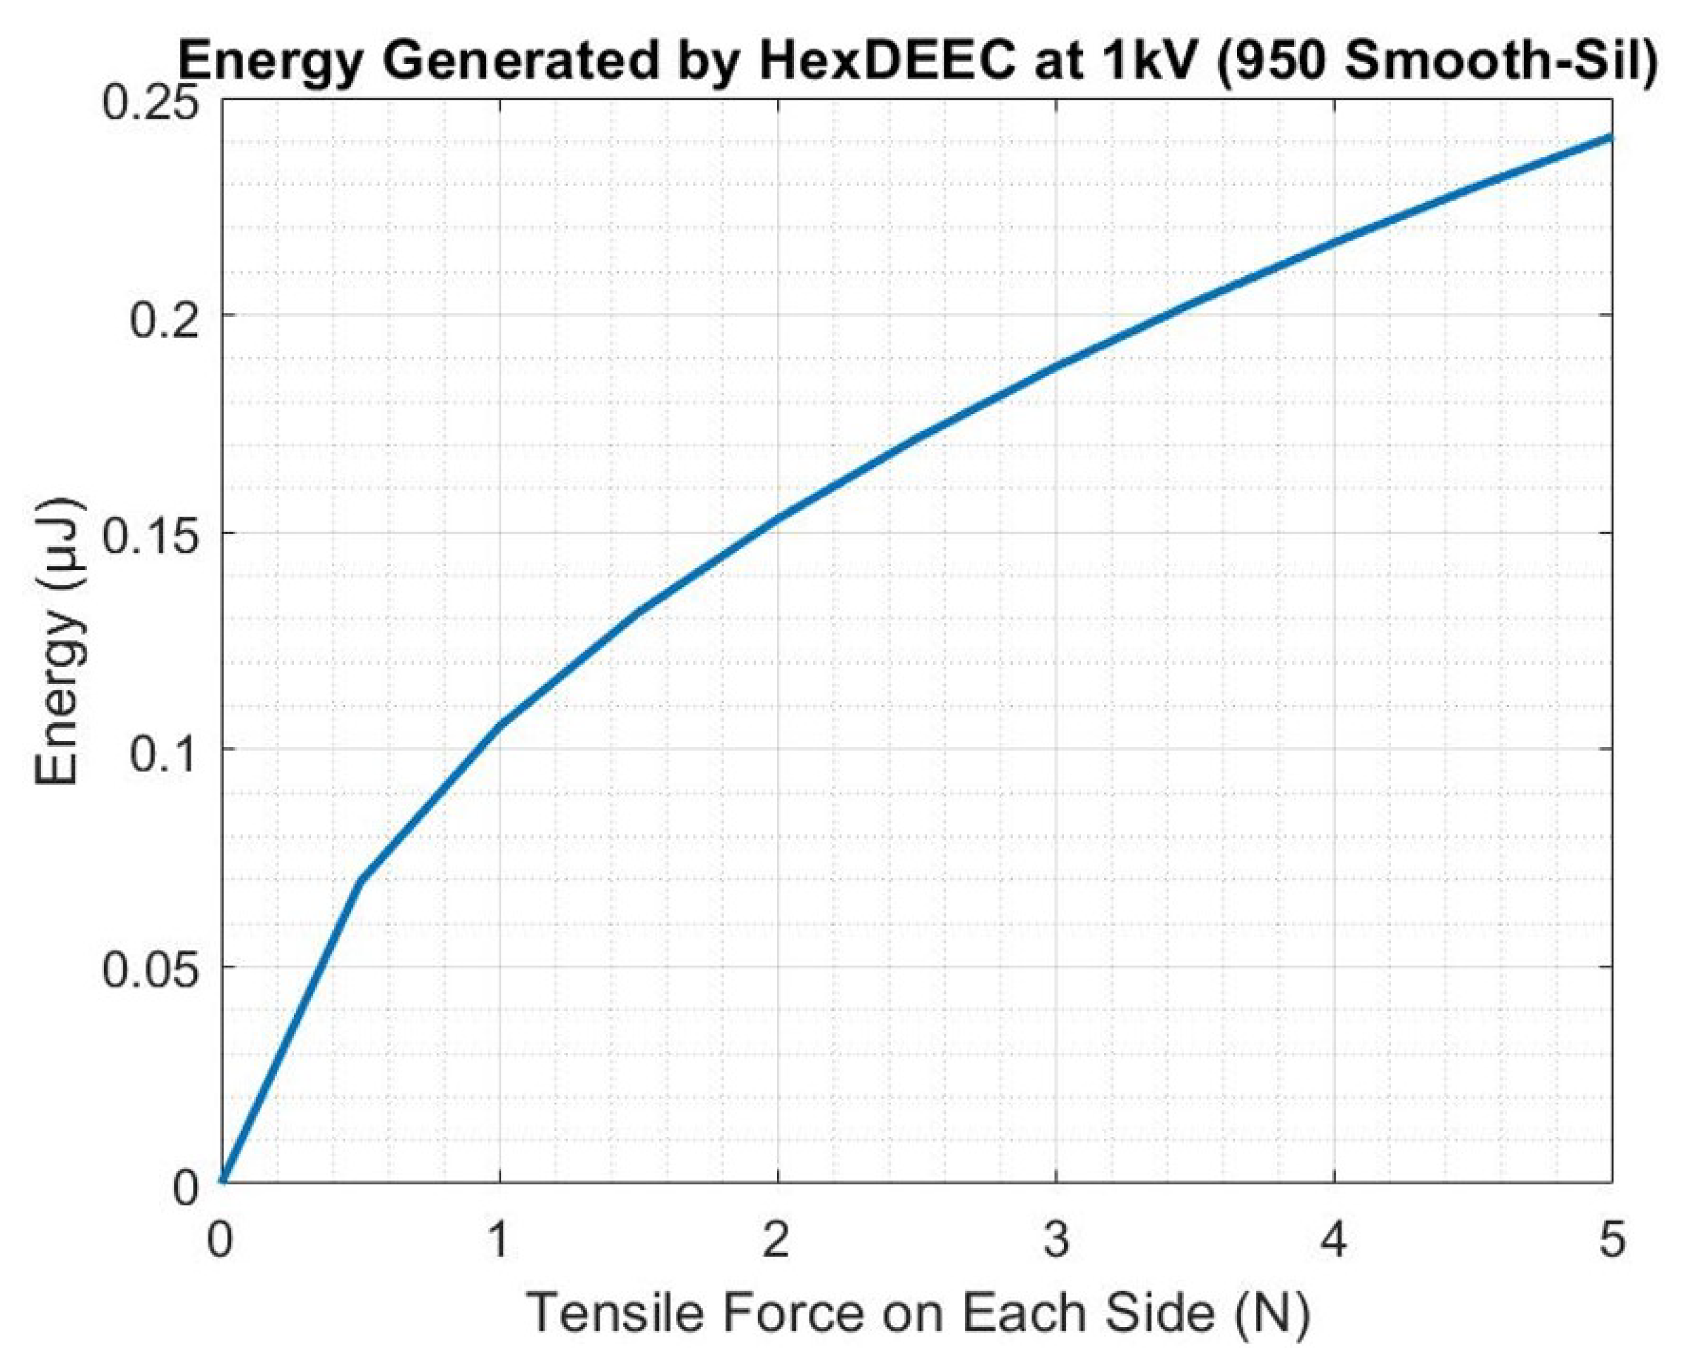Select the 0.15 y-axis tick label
[150, 533]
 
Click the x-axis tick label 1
[499, 1239]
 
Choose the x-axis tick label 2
[777, 1239]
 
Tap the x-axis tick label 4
[1334, 1239]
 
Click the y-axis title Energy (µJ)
[59, 641]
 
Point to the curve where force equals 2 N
[777, 519]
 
